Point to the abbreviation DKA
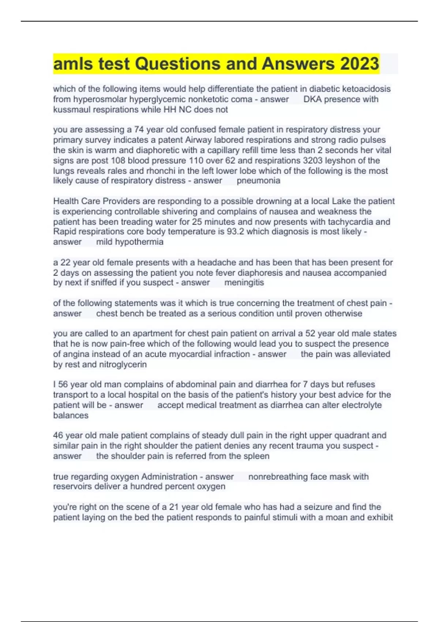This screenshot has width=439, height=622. coord(312,99)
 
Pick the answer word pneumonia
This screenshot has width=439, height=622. coord(258,180)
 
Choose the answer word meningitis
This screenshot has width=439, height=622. coord(244,282)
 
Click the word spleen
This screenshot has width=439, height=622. coord(256,456)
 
